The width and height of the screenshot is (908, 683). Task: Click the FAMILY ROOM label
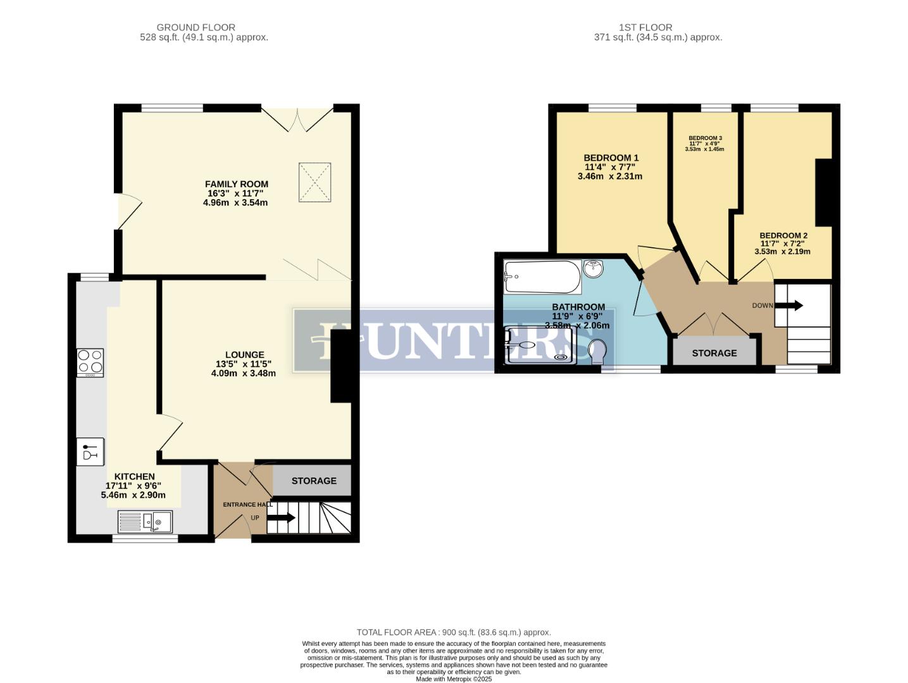(236, 184)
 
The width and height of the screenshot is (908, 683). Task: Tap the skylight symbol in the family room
(314, 182)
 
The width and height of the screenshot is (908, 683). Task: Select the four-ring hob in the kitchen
(90, 362)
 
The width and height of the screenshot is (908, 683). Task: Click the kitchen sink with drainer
(145, 522)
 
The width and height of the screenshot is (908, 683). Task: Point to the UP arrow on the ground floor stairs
(281, 518)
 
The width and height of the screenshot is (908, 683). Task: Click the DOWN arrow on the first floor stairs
(788, 305)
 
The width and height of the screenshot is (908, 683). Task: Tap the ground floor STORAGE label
(314, 481)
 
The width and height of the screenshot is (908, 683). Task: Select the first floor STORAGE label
(714, 353)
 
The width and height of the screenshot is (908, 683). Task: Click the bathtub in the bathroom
(542, 277)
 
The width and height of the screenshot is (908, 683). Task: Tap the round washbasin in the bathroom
(593, 268)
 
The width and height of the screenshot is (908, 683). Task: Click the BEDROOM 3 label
(705, 138)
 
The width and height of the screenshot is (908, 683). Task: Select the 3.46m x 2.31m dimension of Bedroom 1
(609, 176)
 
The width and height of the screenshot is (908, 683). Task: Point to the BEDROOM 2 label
(783, 235)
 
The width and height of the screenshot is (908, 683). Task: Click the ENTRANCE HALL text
(247, 504)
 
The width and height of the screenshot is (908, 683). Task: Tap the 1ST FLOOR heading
(645, 27)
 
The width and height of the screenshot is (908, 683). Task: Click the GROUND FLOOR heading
(196, 27)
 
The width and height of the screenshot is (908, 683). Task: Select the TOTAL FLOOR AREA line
(453, 632)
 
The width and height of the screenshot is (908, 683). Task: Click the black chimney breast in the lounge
(340, 367)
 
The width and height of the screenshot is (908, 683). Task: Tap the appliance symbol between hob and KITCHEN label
(90, 452)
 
